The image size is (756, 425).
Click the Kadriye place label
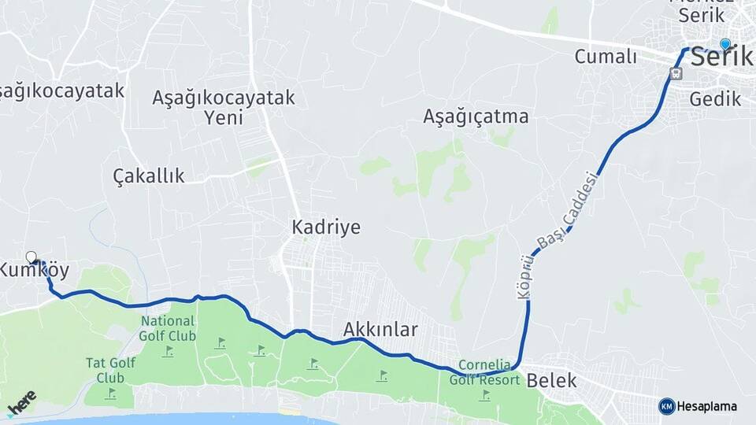(326, 227)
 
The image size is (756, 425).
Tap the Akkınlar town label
(380, 329)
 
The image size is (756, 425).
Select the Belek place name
(551, 381)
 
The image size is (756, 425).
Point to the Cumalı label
(605, 56)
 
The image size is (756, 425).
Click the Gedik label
(715, 99)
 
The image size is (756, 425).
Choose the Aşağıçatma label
(476, 116)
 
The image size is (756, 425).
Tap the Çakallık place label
(149, 176)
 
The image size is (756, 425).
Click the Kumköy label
(35, 272)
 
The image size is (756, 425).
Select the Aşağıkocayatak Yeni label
(224, 108)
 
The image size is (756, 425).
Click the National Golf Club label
(168, 328)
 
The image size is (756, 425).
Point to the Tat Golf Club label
(110, 370)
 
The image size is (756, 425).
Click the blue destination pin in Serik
(725, 45)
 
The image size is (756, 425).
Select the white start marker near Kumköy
(31, 257)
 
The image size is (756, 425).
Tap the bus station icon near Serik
(675, 73)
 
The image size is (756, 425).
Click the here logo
(21, 402)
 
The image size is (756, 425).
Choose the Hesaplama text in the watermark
(706, 406)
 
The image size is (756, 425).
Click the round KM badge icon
(666, 406)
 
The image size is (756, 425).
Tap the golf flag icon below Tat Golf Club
(112, 392)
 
